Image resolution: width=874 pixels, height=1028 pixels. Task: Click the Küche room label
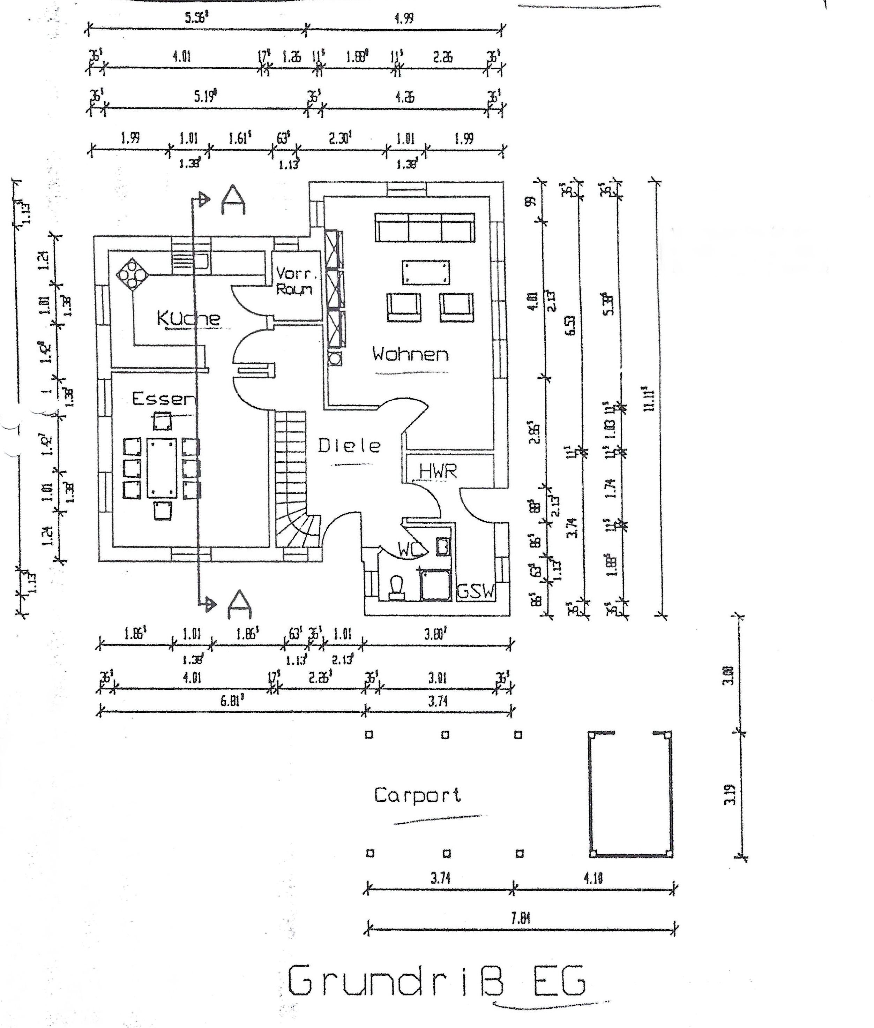pos(188,318)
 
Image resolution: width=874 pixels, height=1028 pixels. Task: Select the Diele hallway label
pos(349,446)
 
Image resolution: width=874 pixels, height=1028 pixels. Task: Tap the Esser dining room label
pos(164,399)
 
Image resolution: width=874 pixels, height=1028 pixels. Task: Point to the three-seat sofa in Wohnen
pos(425,227)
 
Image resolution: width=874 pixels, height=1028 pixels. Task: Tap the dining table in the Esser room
pos(162,468)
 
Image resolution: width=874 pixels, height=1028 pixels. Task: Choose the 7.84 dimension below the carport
pos(520,919)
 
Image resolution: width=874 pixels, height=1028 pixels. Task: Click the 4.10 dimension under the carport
pos(593,878)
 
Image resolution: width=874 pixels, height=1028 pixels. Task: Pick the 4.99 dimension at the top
pos(404,18)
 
